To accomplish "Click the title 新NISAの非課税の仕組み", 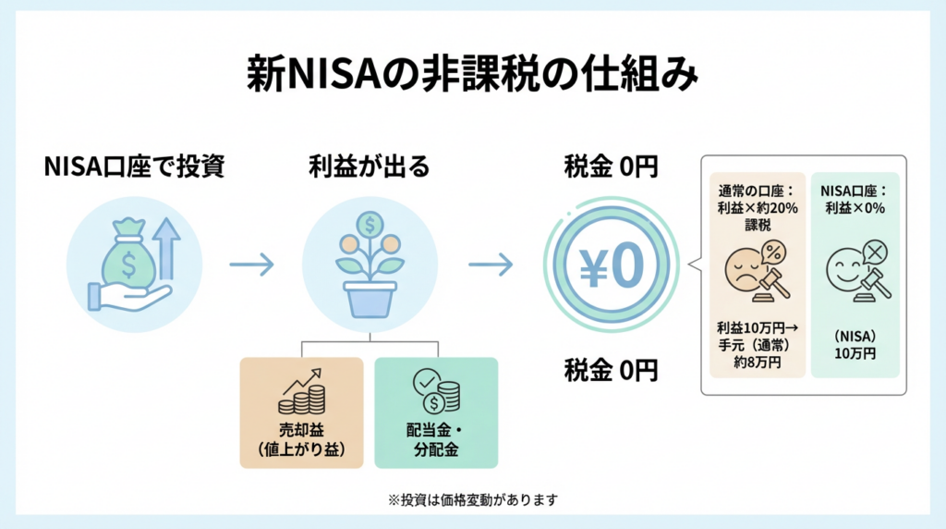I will tap(472, 73).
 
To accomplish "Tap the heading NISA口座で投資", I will tap(134, 167).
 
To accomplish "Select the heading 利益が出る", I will tap(369, 167).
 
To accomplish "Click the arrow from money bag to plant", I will tap(250, 264).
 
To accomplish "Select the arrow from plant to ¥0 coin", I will tap(491, 264).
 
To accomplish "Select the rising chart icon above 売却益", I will tap(302, 392).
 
